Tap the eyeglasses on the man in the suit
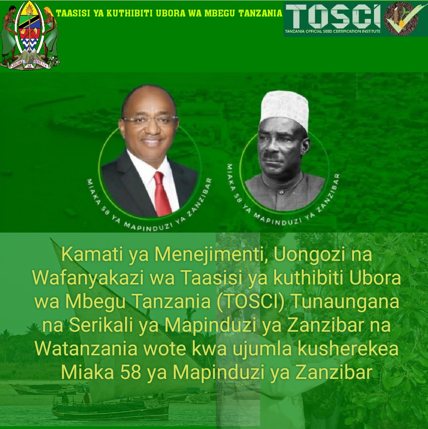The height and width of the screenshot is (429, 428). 150,120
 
